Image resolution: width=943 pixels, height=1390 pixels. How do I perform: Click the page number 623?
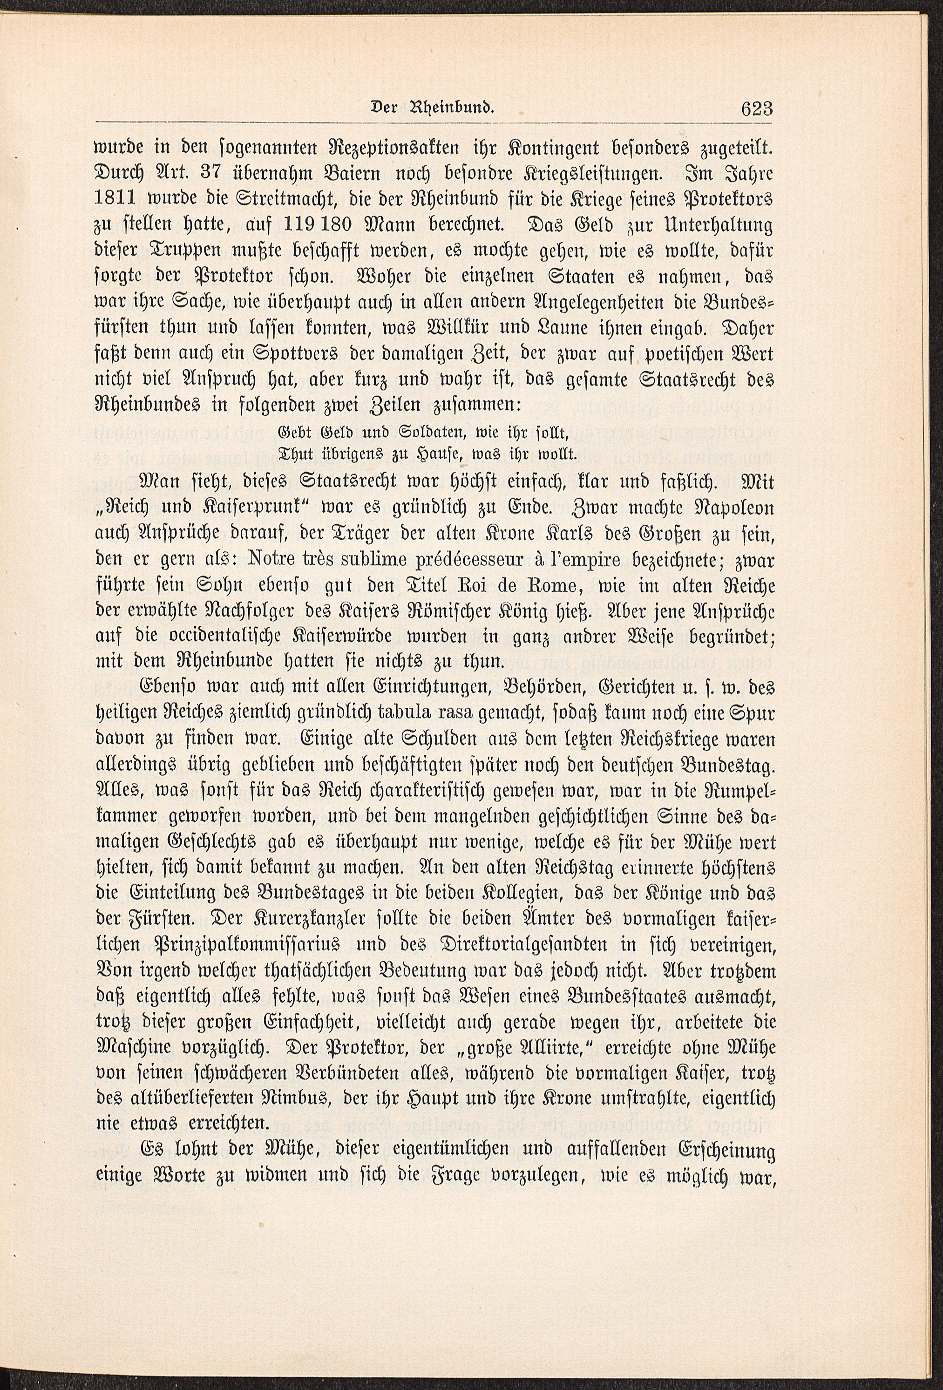point(756,109)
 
